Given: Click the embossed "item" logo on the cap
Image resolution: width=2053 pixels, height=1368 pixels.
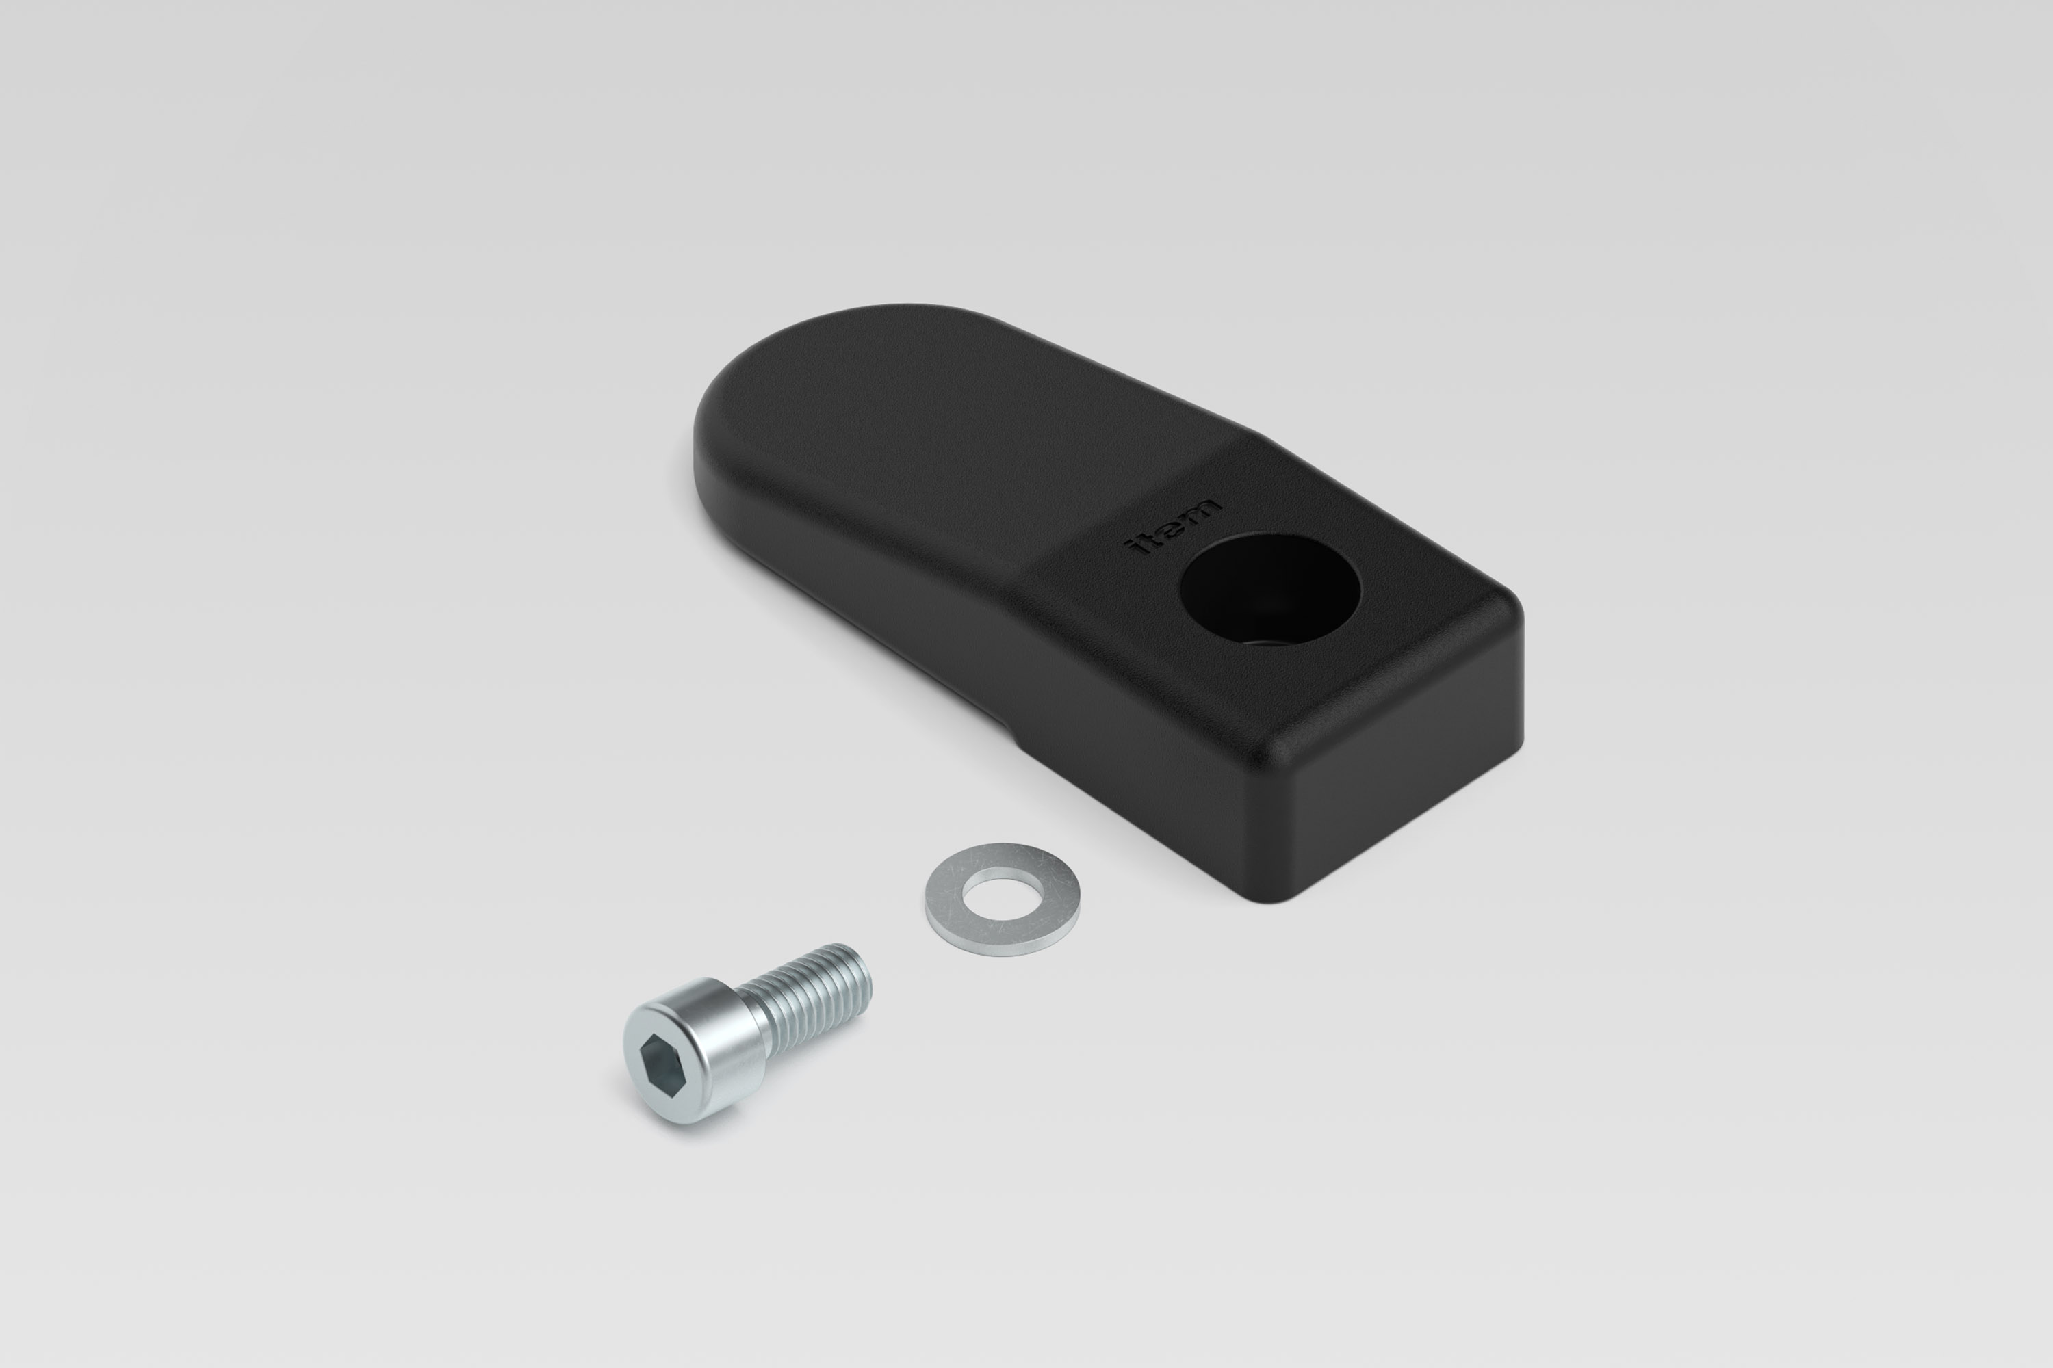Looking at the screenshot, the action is point(1175,529).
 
